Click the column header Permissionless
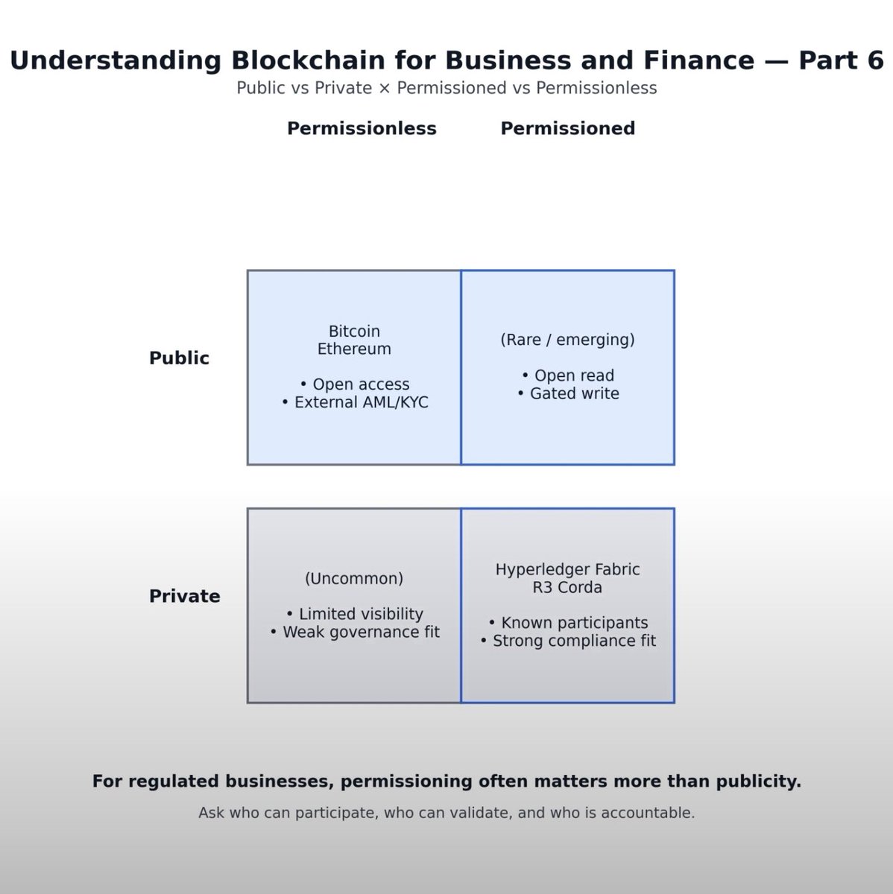click(362, 128)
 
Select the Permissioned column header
click(567, 128)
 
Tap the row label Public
click(179, 358)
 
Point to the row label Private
click(184, 596)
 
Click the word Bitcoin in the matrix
click(354, 331)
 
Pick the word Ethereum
click(354, 349)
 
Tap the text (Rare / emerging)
click(567, 340)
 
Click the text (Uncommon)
click(354, 578)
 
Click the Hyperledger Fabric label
click(567, 569)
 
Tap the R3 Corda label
click(567, 587)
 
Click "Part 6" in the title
click(841, 60)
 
